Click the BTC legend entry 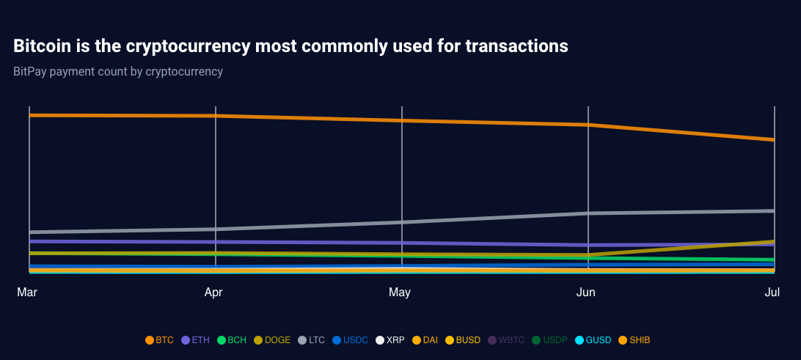point(159,340)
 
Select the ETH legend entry point(195,340)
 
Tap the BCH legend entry point(232,340)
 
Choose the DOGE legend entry point(272,340)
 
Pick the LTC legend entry point(311,340)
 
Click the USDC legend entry point(350,340)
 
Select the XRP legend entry point(390,340)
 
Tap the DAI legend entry point(425,340)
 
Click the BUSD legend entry point(462,340)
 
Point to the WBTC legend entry point(506,340)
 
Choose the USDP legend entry point(550,340)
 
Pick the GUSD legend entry point(593,340)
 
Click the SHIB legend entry point(634,340)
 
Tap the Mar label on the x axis point(27,293)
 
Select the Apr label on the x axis point(213,293)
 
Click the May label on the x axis point(400,293)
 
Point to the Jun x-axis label point(586,293)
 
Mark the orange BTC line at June point(588,125)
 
